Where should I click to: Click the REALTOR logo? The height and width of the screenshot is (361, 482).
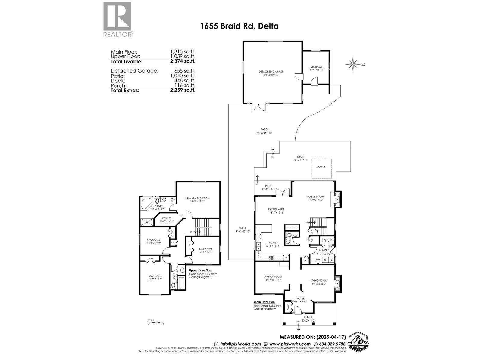pos(117,19)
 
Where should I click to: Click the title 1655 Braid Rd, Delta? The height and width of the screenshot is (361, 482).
pos(239,26)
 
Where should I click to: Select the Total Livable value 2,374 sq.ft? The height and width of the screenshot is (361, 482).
pos(183,61)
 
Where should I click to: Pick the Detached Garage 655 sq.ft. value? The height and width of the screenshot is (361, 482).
pos(183,71)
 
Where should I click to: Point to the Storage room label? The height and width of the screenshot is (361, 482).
pos(316,67)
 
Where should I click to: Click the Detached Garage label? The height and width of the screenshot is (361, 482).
pos(271,72)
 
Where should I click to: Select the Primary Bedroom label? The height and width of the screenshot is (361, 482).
pos(197,198)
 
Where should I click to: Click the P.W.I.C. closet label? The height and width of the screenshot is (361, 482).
pos(167,218)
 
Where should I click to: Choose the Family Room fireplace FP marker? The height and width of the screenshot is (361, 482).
pos(336,200)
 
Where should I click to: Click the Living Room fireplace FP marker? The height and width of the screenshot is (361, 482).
pos(336,283)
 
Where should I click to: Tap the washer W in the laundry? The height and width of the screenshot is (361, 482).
pos(325,259)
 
